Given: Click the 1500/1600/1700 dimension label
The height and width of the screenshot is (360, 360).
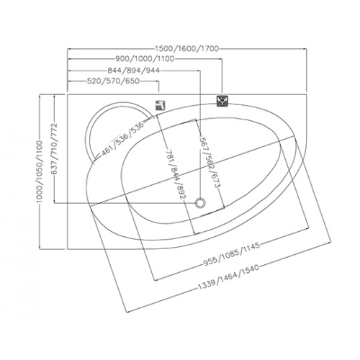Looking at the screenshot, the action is (187, 49).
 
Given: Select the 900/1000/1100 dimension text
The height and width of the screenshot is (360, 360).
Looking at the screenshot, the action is (145, 58).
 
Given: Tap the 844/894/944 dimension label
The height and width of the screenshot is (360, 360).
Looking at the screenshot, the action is (134, 71).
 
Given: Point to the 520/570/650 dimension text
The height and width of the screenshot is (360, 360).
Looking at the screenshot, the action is (113, 81).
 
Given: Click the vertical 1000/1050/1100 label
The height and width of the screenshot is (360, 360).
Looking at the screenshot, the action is (40, 172).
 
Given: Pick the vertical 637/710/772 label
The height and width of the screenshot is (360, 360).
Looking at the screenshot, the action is (55, 149).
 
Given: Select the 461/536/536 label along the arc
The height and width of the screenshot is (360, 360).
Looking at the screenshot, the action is (122, 138).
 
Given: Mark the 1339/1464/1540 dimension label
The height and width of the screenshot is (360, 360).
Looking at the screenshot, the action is (228, 277).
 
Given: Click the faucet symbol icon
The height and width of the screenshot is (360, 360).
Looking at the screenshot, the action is (160, 105).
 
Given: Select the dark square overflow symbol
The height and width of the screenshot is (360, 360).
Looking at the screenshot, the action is (222, 101).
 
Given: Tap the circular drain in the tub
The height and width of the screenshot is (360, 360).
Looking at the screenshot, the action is (200, 203).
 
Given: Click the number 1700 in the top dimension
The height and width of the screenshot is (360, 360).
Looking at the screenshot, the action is (209, 49).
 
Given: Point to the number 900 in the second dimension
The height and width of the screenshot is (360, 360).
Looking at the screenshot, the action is (122, 58).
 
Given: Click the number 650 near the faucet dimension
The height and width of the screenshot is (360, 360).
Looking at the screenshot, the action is (132, 81).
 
